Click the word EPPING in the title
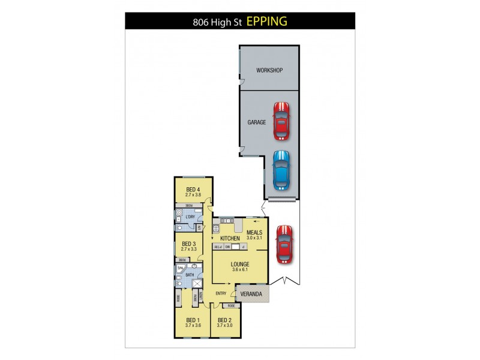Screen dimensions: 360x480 pos(267,22)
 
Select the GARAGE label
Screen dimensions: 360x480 pos(257,122)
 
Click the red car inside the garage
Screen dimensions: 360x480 pos(281,120)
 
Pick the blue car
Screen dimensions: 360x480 pos(281,170)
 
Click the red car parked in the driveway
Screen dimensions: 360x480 pos(284,244)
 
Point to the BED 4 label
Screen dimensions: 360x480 pos(193,190)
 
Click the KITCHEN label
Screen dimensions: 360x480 pos(230,238)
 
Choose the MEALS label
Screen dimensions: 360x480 pos(255,232)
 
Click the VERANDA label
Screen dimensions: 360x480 pos(252,294)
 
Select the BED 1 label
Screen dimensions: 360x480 pos(193,319)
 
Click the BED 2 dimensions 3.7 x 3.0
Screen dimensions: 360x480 pos(224,325)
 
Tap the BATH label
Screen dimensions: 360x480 pos(190,275)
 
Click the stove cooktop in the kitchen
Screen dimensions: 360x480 pos(216,228)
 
